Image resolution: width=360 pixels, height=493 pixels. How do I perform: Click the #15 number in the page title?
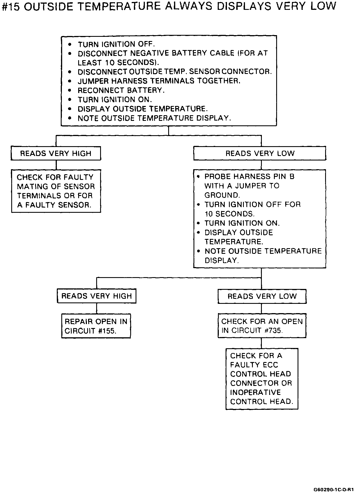pyautogui.click(x=11, y=6)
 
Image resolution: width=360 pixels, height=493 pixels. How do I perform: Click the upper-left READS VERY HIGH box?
pyautogui.click(x=56, y=153)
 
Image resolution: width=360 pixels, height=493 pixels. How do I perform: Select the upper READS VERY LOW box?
pyautogui.click(x=260, y=153)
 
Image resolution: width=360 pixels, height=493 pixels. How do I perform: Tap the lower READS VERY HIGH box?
pyautogui.click(x=96, y=296)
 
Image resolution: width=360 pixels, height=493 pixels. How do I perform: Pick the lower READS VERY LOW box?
pyautogui.click(x=262, y=296)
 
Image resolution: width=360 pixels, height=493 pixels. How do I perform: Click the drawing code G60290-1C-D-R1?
pyautogui.click(x=334, y=489)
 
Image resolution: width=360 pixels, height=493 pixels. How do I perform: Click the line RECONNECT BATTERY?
pyautogui.click(x=121, y=91)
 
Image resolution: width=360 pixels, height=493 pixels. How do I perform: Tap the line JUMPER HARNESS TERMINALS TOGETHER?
pyautogui.click(x=159, y=81)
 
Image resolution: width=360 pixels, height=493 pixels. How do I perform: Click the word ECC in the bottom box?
pyautogui.click(x=271, y=365)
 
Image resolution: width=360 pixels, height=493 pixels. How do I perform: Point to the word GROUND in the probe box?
pyautogui.click(x=222, y=195)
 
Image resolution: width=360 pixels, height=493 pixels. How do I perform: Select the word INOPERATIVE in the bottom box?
pyautogui.click(x=255, y=393)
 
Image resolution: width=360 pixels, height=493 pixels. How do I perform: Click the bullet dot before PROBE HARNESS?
pyautogui.click(x=199, y=177)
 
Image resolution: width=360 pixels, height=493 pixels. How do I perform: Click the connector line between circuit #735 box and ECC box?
pyautogui.click(x=262, y=343)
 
